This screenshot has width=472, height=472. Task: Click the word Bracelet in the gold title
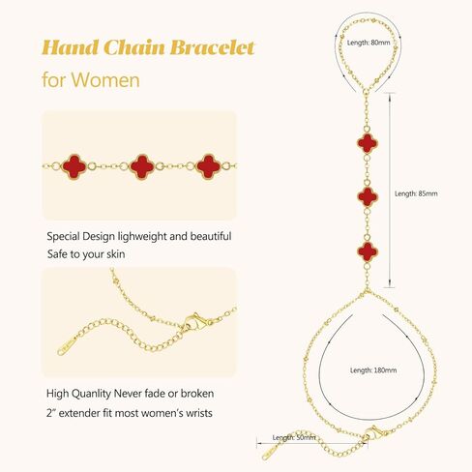[213, 47]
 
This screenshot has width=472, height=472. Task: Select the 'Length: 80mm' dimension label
[369, 43]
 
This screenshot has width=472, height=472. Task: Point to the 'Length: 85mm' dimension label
[416, 193]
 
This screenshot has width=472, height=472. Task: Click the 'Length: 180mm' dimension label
[373, 370]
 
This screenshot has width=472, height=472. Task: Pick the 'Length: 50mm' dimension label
[294, 437]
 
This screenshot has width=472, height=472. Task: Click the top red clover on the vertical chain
[367, 143]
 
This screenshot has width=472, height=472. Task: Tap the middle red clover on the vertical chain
[368, 196]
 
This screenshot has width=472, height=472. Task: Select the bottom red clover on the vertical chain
[368, 251]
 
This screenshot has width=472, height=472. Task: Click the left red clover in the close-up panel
[74, 166]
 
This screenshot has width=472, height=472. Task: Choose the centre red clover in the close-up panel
[142, 166]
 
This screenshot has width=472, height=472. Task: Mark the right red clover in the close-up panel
[209, 166]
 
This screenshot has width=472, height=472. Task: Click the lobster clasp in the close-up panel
[195, 322]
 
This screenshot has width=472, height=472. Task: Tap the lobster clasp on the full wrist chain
[375, 432]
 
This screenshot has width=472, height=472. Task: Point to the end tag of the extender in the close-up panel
[67, 346]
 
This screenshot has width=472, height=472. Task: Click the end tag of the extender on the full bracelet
[269, 453]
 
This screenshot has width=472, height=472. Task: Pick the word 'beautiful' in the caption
[211, 236]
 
